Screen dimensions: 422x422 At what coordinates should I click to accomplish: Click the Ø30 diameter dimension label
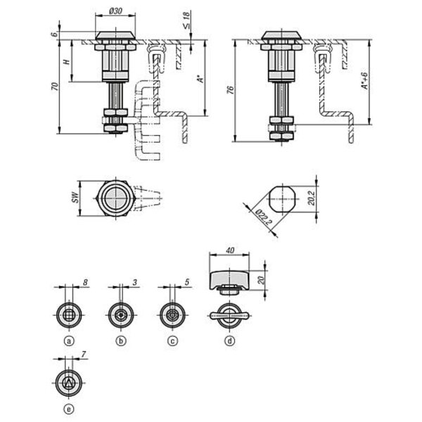116,11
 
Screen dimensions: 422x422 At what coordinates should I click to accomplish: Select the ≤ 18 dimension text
186,20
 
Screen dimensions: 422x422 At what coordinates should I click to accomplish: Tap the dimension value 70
55,87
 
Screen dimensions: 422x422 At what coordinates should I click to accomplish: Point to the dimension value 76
230,90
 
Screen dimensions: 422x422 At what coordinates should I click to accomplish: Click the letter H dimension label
67,61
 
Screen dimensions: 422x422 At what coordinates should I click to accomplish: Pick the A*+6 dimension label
364,81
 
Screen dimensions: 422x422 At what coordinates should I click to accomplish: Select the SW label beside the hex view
76,197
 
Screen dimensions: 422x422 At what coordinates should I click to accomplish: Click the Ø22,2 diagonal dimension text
263,217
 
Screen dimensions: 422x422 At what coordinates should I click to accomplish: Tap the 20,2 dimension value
311,198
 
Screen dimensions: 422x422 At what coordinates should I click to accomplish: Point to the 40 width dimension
229,250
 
